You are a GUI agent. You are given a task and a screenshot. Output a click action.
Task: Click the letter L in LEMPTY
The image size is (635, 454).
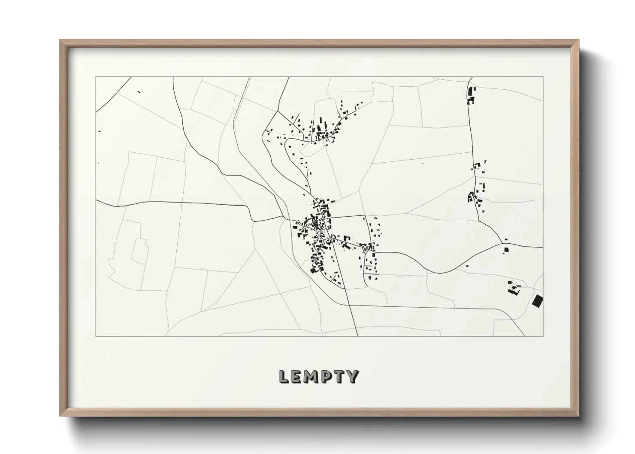284,376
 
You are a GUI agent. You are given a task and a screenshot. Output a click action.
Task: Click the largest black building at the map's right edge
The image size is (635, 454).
537,301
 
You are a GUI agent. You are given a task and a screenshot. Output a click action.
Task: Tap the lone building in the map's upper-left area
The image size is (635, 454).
138,91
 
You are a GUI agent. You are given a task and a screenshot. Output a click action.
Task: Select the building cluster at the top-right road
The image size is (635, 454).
471,96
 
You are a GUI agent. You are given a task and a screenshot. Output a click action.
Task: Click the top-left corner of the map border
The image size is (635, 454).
96,77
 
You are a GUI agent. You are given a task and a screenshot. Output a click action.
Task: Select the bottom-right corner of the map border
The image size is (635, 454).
543,336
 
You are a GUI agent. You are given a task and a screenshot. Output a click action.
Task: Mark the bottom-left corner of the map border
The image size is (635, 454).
96,336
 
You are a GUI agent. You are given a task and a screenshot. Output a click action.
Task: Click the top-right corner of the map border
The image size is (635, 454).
543,77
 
